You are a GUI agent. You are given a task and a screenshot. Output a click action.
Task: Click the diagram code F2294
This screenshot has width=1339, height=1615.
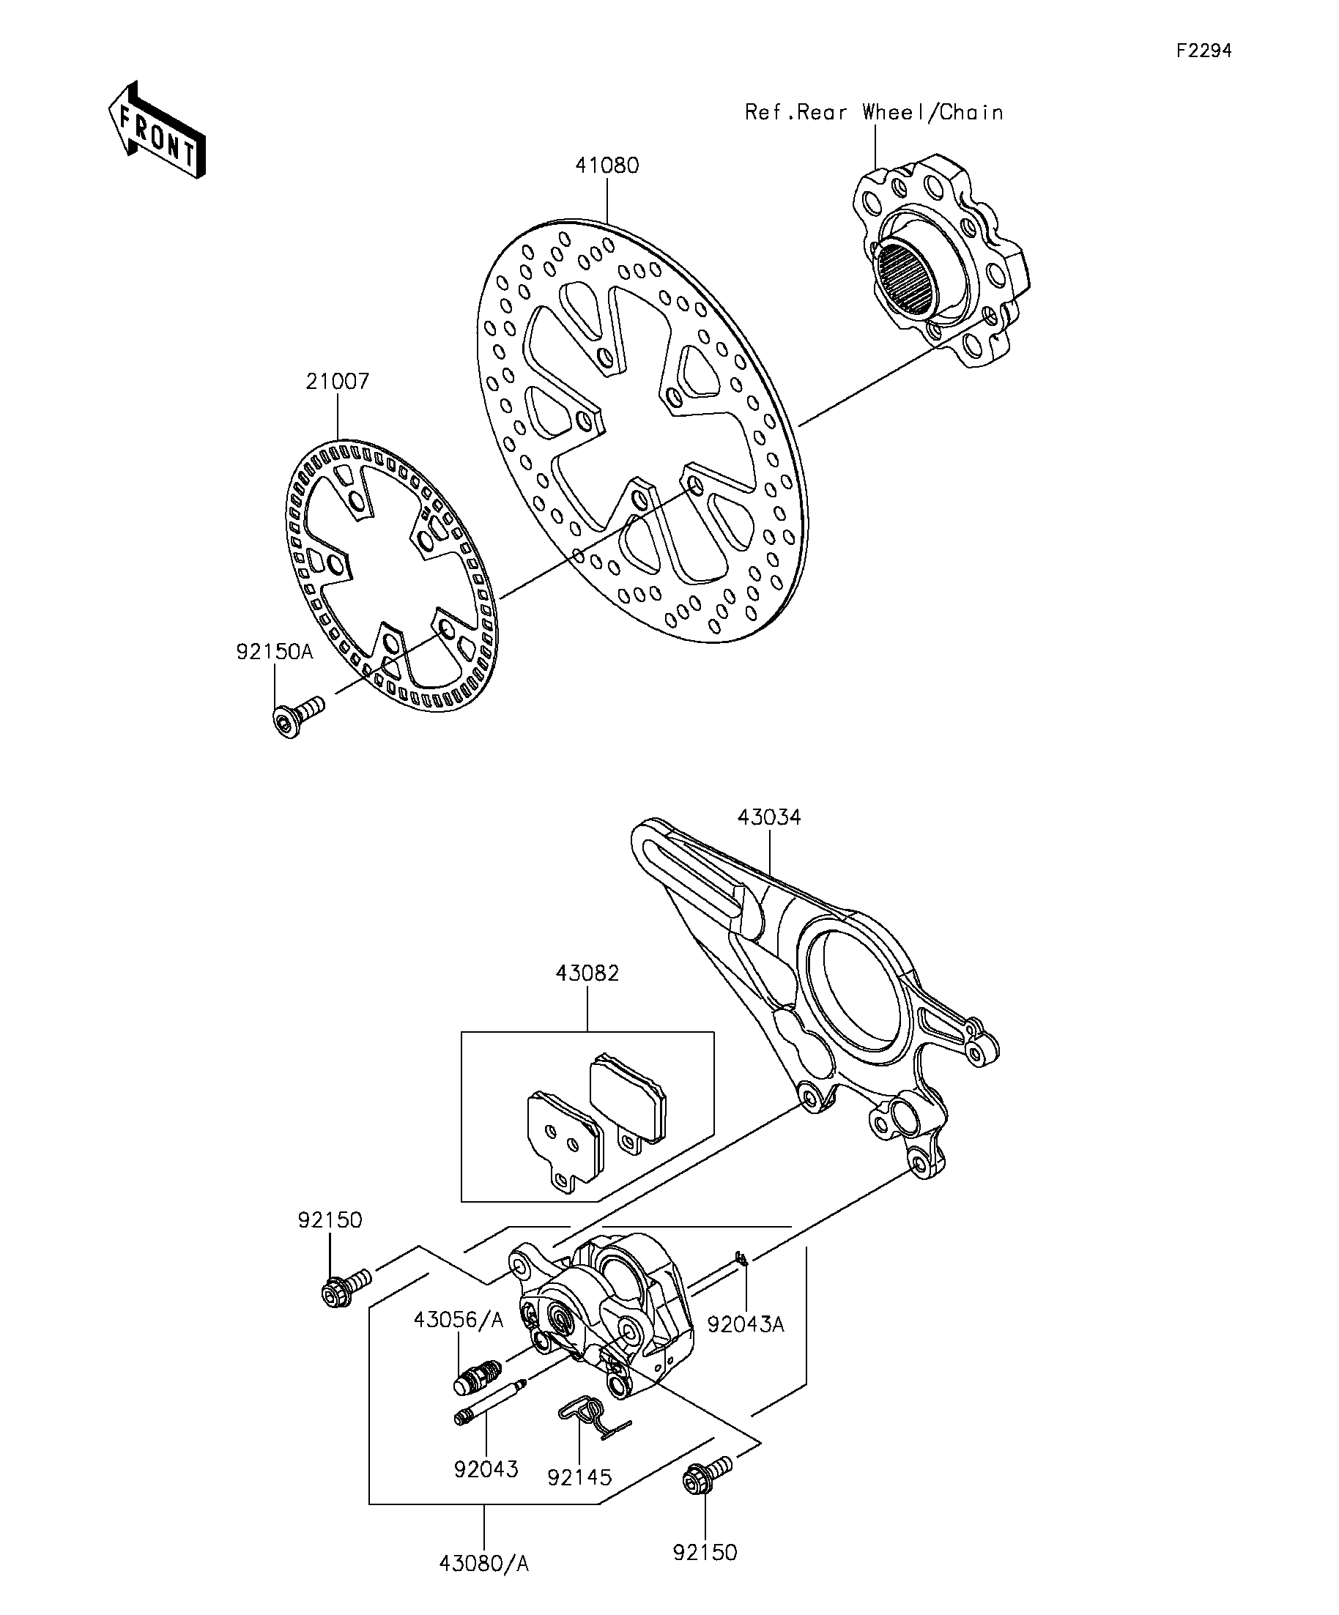[x=1204, y=51]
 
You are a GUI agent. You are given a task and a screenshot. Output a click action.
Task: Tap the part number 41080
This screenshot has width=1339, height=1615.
[x=607, y=166]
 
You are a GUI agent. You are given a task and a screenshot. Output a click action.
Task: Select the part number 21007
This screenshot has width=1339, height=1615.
[x=338, y=381]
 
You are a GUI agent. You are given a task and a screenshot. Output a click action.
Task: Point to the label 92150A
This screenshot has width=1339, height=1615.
[x=275, y=651]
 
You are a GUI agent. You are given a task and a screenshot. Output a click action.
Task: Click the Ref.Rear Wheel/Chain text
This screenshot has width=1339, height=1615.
[x=875, y=112]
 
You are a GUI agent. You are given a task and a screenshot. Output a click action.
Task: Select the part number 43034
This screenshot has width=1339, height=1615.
[x=769, y=817]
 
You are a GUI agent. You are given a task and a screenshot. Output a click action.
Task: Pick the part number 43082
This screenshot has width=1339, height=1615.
[x=587, y=973]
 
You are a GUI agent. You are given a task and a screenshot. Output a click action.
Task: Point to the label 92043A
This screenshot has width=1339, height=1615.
[x=745, y=1324]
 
